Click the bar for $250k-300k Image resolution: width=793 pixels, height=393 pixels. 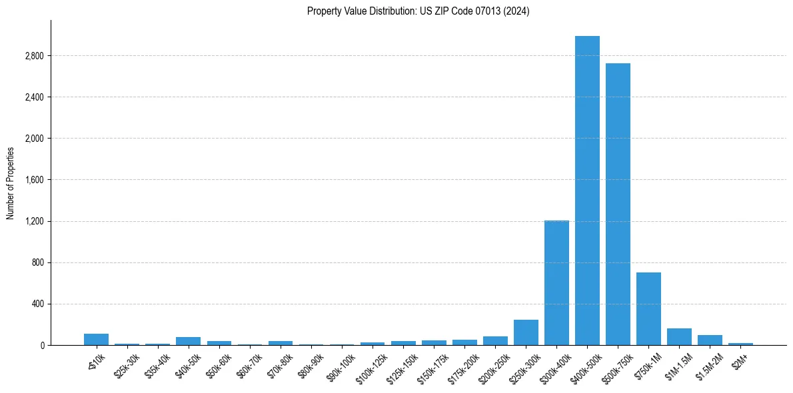click(526, 332)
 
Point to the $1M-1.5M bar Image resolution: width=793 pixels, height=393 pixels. click(679, 337)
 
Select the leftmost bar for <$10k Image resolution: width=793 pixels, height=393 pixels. click(96, 340)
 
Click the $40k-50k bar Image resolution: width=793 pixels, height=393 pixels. click(188, 341)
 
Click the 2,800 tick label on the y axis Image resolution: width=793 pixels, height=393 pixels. click(33, 56)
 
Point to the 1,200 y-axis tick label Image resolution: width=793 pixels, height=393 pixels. click(33, 221)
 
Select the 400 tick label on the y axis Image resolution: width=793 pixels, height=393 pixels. click(37, 304)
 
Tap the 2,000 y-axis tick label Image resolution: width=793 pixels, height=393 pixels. click(33, 139)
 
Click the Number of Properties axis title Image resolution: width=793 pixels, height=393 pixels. click(10, 183)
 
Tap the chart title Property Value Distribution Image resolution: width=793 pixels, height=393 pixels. click(418, 11)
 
